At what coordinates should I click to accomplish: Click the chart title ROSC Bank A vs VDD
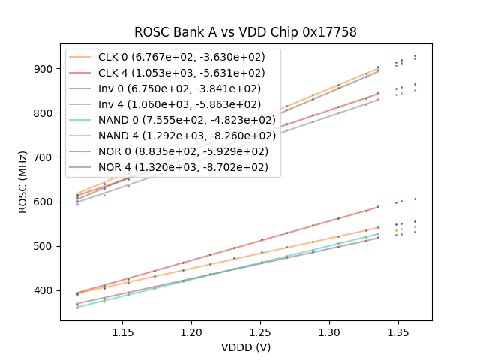pyautogui.click(x=245, y=32)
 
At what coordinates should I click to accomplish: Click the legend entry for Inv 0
pyautogui.click(x=172, y=88)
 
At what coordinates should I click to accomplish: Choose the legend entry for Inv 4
pyautogui.click(x=172, y=104)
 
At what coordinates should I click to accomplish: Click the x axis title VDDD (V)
pyautogui.click(x=245, y=347)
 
